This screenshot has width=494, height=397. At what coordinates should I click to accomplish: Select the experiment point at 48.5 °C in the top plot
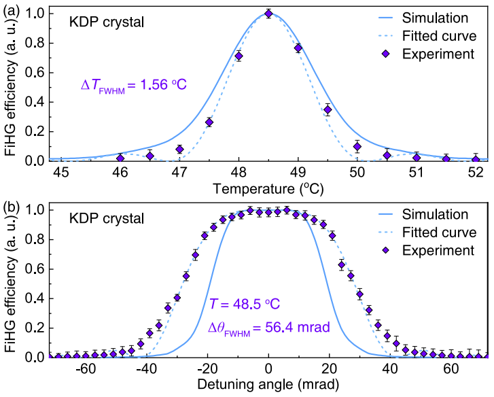268,13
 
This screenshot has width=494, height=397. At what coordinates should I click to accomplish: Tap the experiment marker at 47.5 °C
209,122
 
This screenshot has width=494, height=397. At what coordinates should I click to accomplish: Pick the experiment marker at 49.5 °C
328,109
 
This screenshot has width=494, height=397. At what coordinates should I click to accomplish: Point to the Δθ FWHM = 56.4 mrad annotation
268,327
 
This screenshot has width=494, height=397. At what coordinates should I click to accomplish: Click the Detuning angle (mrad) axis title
268,384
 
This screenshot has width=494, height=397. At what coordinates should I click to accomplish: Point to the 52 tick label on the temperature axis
476,173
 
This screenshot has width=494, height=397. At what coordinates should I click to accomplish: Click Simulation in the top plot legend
444,17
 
